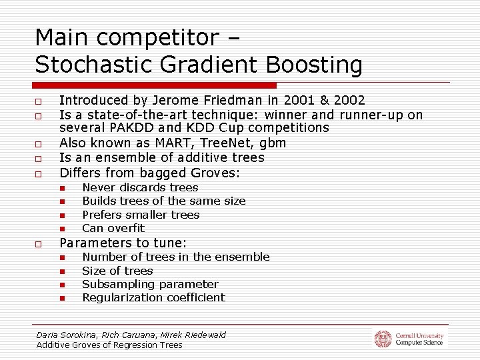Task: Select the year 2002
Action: [x=349, y=101]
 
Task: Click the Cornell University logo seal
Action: [x=383, y=339]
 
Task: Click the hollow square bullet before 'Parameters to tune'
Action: [x=40, y=244]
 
